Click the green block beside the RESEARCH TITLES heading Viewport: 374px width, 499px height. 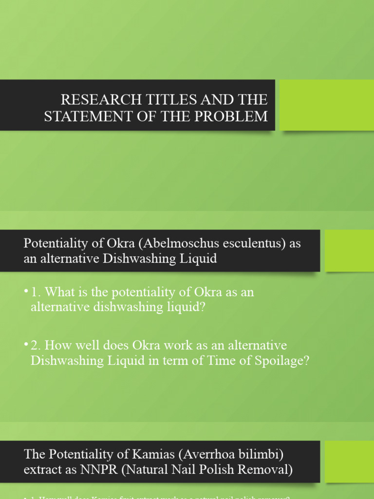(x=326, y=105)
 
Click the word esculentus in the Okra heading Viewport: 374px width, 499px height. (x=251, y=244)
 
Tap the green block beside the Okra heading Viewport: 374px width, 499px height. (x=349, y=250)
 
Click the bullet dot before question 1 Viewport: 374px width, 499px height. (x=25, y=291)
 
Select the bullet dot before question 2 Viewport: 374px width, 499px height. (x=25, y=345)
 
